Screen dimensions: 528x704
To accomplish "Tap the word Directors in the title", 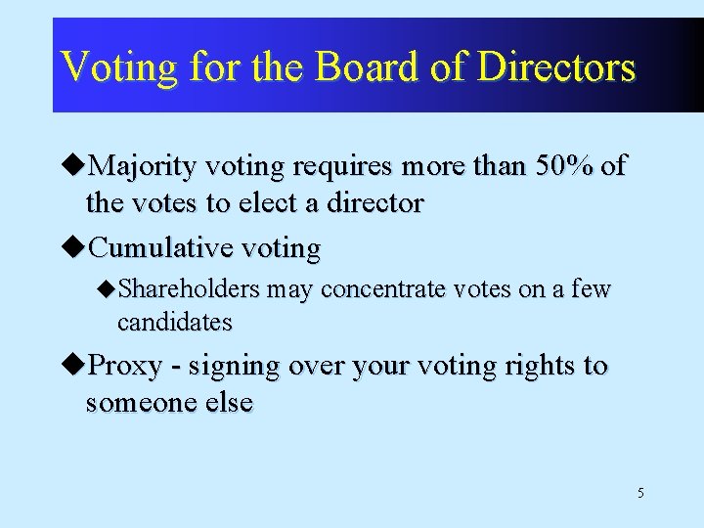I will pos(557,67).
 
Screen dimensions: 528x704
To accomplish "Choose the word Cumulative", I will pos(159,248).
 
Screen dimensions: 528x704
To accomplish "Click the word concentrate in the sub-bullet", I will pos(383,289).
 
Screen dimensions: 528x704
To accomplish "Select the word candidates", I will pos(174,322).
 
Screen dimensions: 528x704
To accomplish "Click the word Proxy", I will pos(124,366).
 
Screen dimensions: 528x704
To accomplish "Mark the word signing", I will pos(233,367).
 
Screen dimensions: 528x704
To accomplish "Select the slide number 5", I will pos(640,493).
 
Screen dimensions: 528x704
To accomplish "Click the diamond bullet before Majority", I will pos(76,166).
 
